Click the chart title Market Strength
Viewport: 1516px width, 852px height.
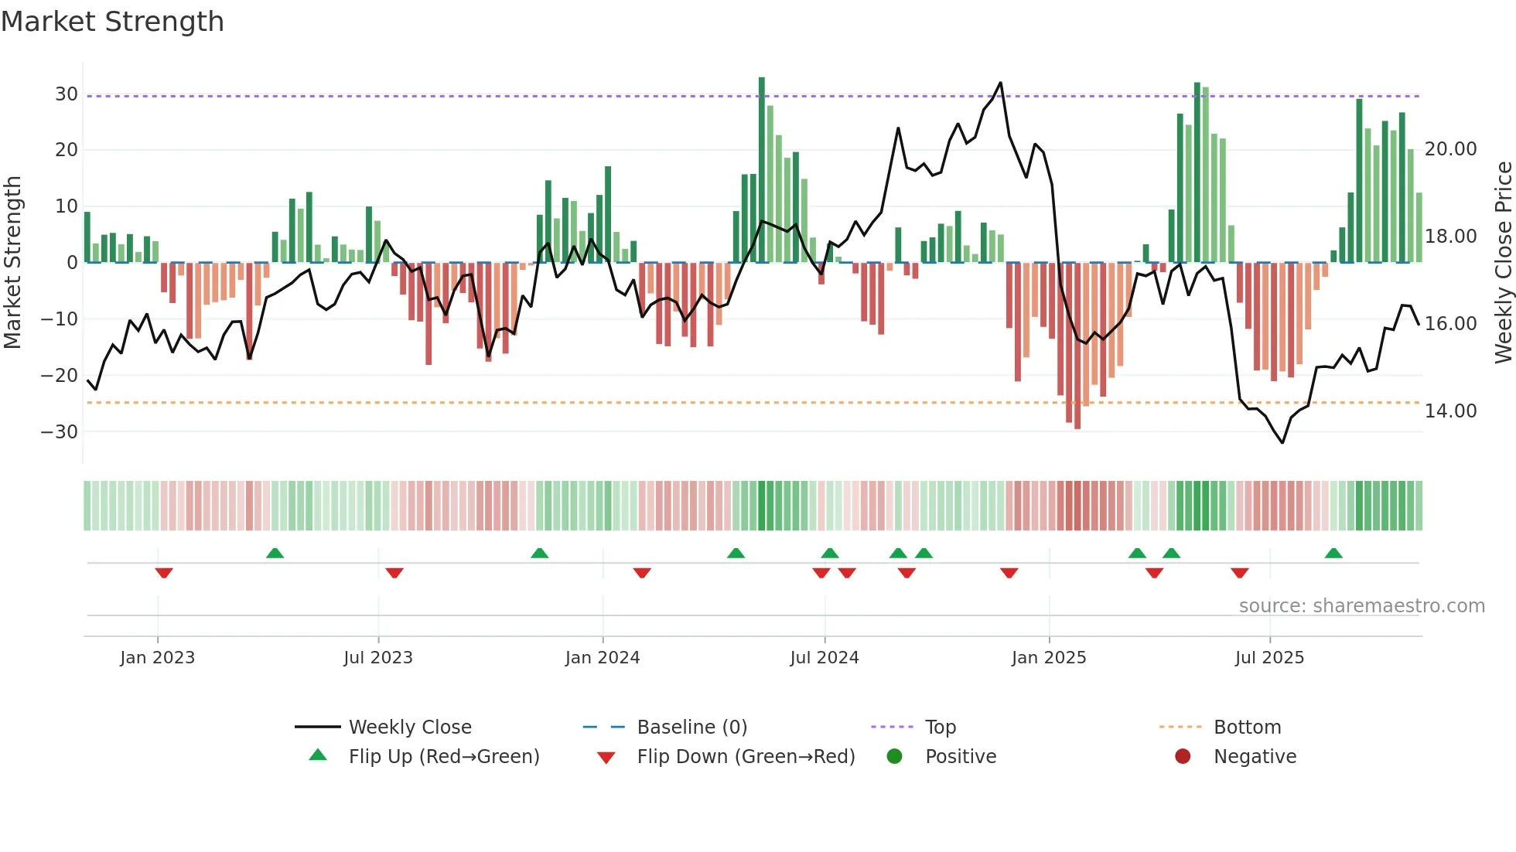click(112, 22)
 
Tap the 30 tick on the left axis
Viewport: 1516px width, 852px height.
click(67, 94)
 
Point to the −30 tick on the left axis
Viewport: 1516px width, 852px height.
click(60, 431)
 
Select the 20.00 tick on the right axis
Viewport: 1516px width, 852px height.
click(1450, 148)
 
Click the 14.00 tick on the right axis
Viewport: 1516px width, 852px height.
click(1450, 411)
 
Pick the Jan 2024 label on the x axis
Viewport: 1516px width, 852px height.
click(602, 658)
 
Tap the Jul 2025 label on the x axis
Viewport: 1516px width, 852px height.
click(1268, 658)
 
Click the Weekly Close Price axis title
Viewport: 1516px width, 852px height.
click(1503, 263)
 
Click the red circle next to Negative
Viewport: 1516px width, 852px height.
click(1183, 756)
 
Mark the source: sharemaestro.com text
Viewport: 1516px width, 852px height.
click(1361, 606)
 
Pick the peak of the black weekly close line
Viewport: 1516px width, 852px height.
click(1000, 83)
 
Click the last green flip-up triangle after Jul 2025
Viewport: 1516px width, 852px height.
click(1333, 554)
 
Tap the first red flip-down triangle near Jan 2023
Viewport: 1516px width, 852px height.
click(164, 573)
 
